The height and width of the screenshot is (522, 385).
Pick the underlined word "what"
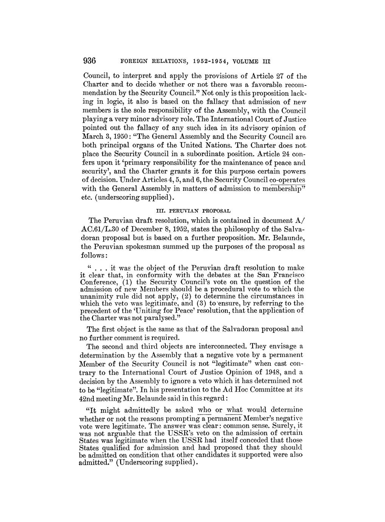(234, 410)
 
